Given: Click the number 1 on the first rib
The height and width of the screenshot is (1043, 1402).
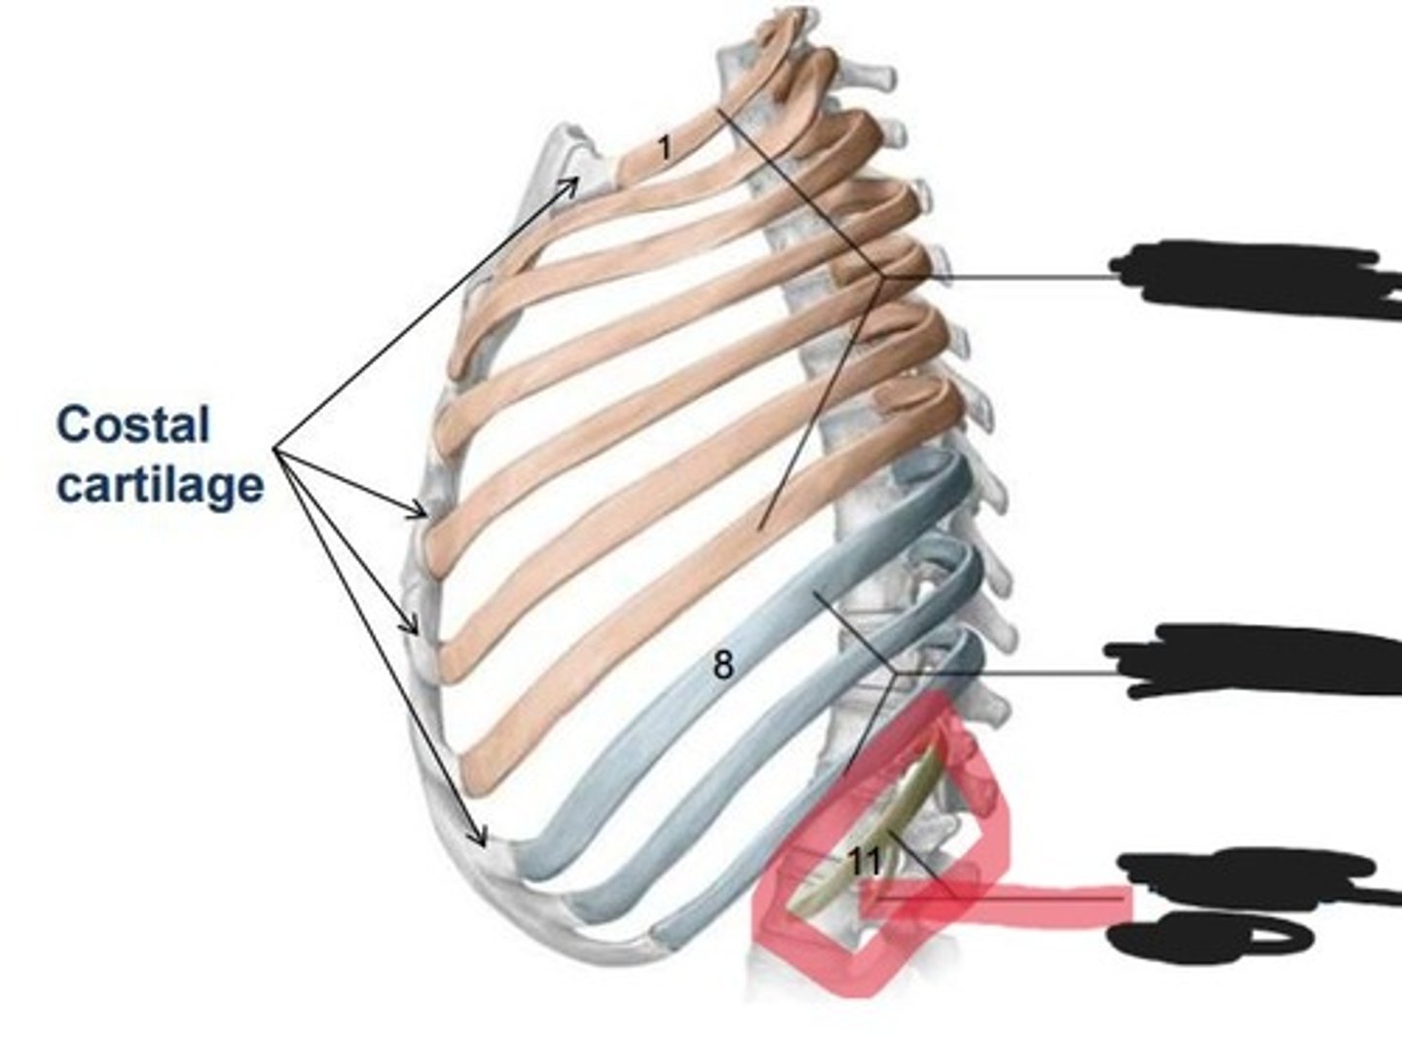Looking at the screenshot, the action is click(x=664, y=149).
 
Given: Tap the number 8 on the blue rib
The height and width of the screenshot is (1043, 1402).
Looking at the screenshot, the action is click(x=723, y=665).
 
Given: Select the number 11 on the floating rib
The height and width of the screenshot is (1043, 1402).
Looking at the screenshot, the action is click(x=866, y=862).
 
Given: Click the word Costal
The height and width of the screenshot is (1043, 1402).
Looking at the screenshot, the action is click(x=133, y=425).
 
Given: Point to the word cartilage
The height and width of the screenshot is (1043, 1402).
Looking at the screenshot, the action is click(x=160, y=486).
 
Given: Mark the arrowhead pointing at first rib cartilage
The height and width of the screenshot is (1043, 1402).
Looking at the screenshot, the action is click(x=571, y=184).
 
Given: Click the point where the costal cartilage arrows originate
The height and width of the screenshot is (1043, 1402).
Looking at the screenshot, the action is click(x=275, y=450).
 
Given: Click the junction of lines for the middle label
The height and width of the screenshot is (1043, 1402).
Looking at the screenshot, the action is click(x=895, y=674).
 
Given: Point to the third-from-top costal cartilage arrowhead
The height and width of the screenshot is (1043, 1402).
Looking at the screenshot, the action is click(x=410, y=625).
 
